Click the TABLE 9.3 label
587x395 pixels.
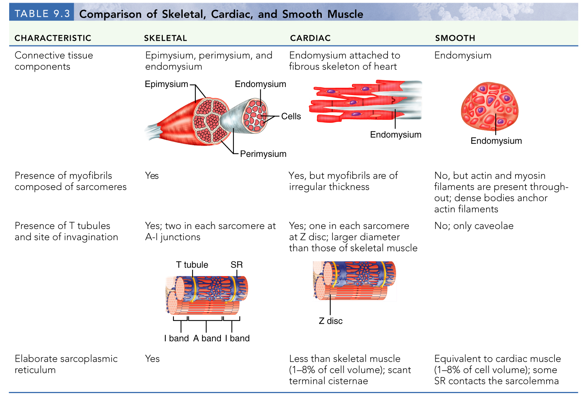42,14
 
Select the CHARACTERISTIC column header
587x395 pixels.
53,38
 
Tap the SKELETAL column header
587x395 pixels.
165,38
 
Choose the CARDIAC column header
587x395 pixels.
310,38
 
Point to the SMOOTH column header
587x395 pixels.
455,38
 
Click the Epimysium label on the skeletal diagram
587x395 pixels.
166,84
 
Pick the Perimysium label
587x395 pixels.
263,154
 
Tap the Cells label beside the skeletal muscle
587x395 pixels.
291,116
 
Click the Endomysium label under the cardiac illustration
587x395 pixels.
396,135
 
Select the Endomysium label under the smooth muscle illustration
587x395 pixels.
496,141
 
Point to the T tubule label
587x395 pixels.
192,265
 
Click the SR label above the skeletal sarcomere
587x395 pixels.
237,265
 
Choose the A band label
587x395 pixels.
207,339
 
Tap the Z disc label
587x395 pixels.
331,321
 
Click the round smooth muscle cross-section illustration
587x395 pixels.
490,106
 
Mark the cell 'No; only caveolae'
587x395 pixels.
474,226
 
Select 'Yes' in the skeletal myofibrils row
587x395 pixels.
152,176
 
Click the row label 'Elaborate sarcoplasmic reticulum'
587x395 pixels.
66,364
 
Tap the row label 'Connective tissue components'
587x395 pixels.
54,61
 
